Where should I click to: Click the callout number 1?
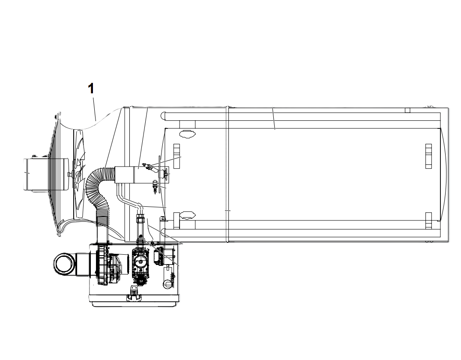pyautogui.click(x=91, y=88)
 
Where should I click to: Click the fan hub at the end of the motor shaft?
pyautogui.click(x=69, y=174)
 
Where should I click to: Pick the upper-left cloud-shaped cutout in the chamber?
pyautogui.click(x=187, y=134)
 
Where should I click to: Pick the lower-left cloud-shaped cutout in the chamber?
pyautogui.click(x=187, y=216)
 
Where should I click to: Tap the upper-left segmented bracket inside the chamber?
pyautogui.click(x=177, y=156)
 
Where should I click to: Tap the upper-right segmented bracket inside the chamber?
pyautogui.click(x=429, y=156)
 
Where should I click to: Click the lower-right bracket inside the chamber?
pyautogui.click(x=429, y=220)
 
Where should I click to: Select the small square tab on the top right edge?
pyautogui.click(x=407, y=110)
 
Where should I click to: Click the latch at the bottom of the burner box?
pyautogui.click(x=134, y=293)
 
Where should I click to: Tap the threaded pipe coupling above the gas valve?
pyautogui.click(x=140, y=219)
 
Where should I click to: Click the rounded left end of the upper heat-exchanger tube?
pyautogui.click(x=164, y=116)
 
